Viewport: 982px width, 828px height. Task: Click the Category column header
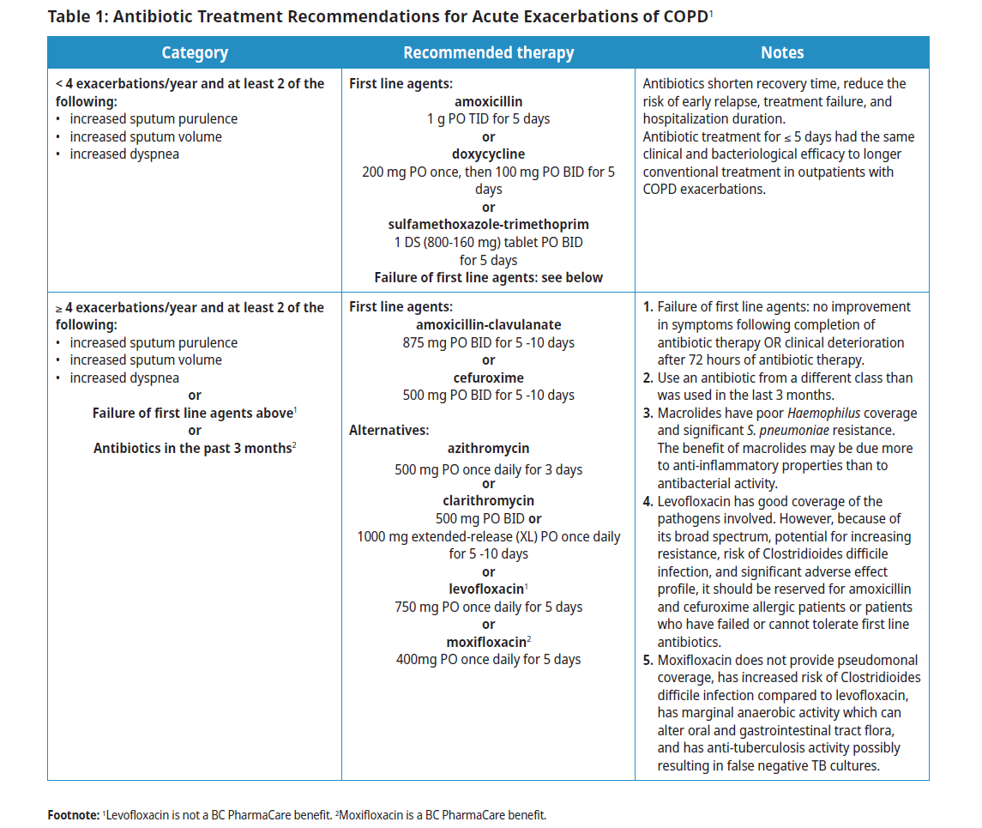coord(195,52)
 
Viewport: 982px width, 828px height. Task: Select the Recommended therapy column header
coord(488,52)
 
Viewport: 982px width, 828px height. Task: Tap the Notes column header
coord(782,52)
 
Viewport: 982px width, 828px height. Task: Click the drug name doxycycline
coord(488,154)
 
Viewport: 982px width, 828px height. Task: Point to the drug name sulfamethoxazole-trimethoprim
coord(488,225)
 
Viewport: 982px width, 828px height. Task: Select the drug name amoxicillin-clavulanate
coord(488,325)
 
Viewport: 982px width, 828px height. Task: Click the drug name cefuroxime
coord(488,378)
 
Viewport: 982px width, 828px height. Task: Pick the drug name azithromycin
coord(488,448)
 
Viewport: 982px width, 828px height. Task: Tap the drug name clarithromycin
coord(488,501)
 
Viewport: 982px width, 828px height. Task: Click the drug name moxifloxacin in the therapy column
coord(485,642)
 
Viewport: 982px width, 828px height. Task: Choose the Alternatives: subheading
coord(389,431)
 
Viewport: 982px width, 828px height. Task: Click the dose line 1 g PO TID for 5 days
coord(488,119)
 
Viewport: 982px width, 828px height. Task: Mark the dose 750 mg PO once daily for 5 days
coord(488,607)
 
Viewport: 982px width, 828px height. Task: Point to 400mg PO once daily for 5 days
coord(488,660)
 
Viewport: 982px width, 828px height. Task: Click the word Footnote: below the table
coord(74,814)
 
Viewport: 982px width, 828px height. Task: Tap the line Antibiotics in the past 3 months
coord(192,448)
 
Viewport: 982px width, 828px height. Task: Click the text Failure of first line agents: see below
coord(488,277)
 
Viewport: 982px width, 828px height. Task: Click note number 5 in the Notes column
coord(648,660)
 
